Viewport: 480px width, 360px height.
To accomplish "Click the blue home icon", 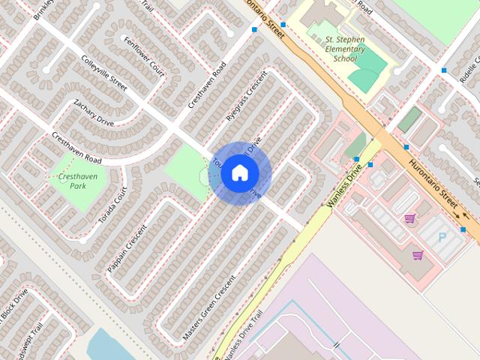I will [240, 173].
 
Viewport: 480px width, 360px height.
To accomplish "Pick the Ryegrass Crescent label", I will [247, 97].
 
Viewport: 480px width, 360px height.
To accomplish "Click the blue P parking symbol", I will [441, 237].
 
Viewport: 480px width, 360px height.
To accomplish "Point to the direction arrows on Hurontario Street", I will [457, 216].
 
